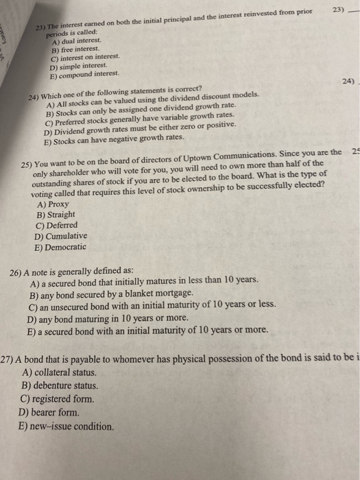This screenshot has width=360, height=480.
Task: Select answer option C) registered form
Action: coord(62,399)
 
